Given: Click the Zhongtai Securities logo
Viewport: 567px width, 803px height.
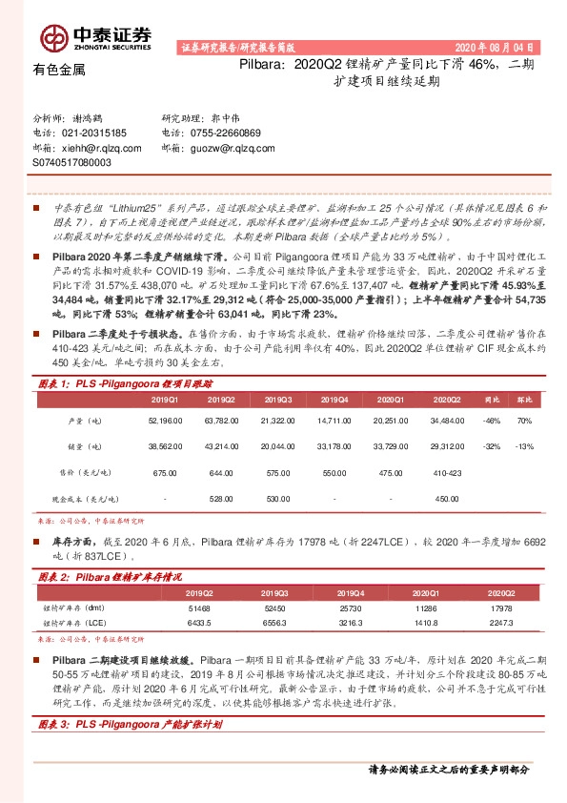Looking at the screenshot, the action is pos(95,37).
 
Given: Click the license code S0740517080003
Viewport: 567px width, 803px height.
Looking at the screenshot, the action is pos(71,163).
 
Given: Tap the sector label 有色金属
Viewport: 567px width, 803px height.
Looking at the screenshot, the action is pos(59,70).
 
